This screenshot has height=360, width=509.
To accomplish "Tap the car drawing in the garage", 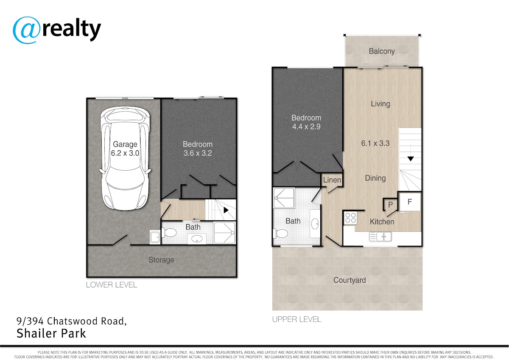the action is (125, 158).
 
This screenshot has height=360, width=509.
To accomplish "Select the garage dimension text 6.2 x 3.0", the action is (125, 153).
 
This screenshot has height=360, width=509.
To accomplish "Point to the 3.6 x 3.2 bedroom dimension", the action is (198, 153).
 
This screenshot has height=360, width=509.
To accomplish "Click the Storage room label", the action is (161, 260).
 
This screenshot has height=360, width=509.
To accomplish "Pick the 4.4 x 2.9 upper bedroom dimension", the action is (306, 127).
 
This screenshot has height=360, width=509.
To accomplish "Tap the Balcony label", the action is (382, 51).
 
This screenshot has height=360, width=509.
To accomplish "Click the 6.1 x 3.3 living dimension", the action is (375, 143).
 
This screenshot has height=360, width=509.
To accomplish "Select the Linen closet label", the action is (332, 180).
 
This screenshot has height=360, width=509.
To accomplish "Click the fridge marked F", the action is (410, 202).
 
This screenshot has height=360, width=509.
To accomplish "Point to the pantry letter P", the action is (390, 205).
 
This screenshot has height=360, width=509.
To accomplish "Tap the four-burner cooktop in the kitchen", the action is (350, 218).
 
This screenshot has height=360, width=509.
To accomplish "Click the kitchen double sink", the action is (380, 236).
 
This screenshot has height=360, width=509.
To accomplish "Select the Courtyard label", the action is (350, 280).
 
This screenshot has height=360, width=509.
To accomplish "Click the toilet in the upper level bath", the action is (281, 233).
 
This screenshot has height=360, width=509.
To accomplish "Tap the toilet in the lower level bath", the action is (169, 233).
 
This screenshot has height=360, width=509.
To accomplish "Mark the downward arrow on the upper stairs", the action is (411, 159).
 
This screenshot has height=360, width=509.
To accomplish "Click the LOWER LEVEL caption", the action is (111, 285).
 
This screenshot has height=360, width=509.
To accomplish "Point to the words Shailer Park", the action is (51, 334).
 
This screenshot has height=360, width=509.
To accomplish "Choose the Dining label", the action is (375, 178).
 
